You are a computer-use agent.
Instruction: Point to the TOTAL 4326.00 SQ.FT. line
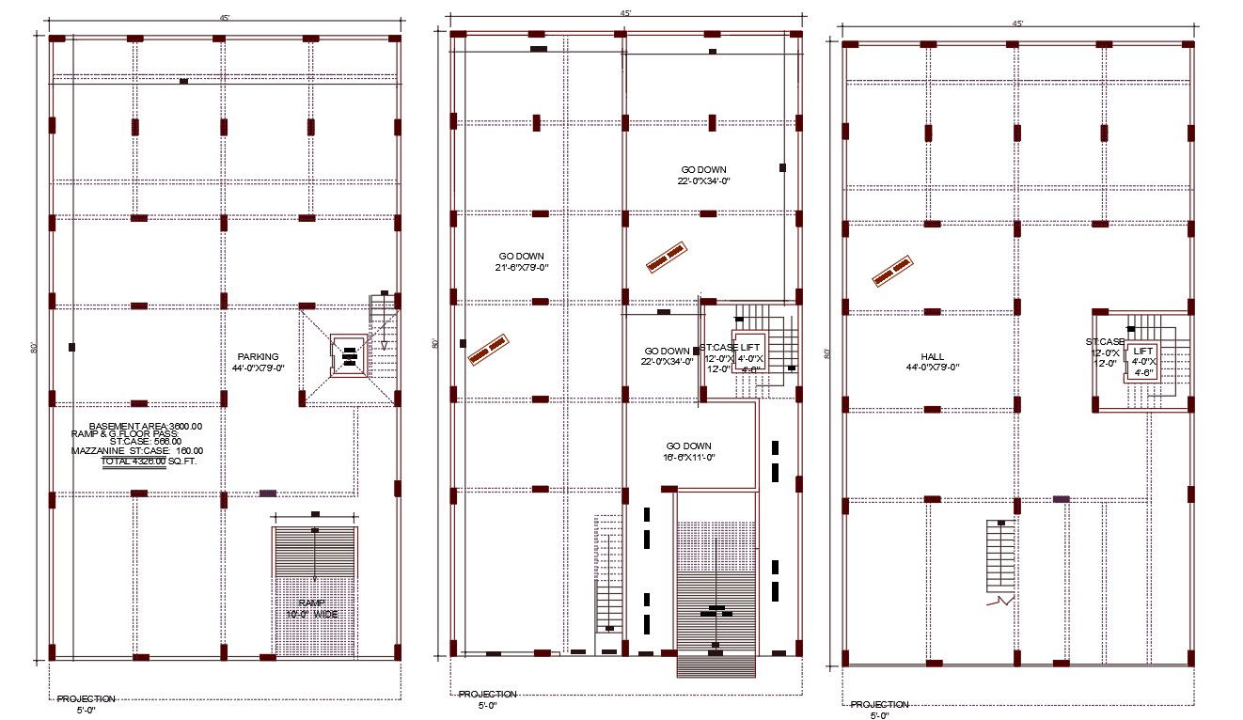click(149, 462)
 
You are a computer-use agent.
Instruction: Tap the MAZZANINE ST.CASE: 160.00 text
click(137, 450)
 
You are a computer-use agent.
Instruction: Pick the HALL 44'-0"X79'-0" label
click(932, 362)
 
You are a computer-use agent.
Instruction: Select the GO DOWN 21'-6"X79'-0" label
click(521, 262)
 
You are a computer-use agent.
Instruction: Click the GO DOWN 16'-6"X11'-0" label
click(688, 451)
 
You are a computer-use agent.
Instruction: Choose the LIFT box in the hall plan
click(1142, 361)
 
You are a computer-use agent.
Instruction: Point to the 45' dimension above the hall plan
click(1017, 23)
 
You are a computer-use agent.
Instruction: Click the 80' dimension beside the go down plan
click(433, 343)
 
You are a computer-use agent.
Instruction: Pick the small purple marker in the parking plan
click(268, 493)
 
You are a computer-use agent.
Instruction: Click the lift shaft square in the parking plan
click(349, 356)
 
